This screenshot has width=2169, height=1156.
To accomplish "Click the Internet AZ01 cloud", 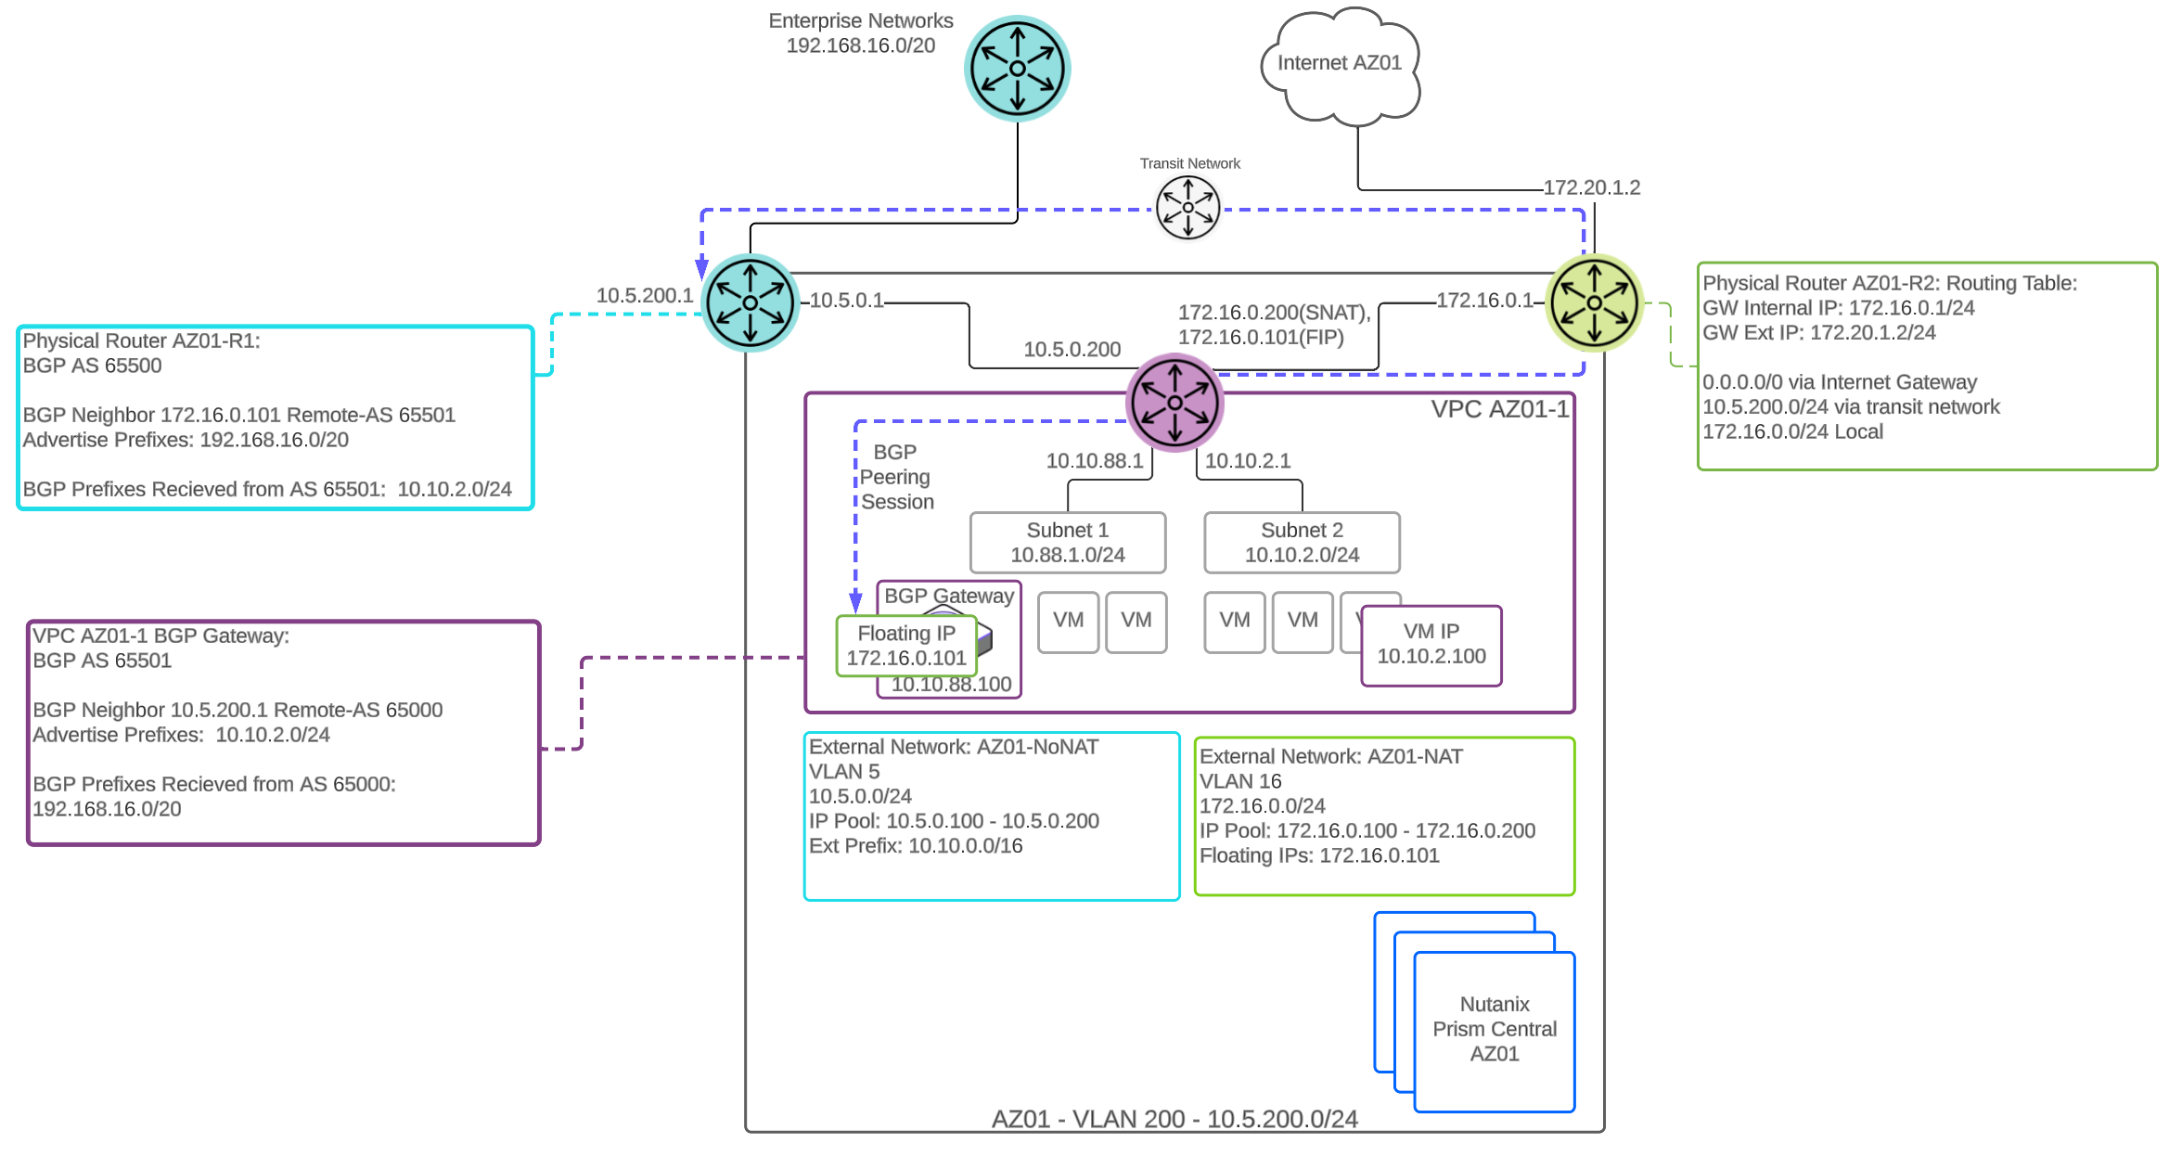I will (x=1339, y=65).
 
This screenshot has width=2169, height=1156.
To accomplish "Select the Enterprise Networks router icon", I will (x=1018, y=69).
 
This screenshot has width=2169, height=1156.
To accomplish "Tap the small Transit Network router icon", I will (x=1187, y=207).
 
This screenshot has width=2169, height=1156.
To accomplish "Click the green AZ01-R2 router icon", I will (x=1594, y=302).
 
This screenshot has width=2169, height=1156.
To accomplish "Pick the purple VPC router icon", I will (x=1174, y=402).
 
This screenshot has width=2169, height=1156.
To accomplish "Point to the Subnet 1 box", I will (x=1067, y=543).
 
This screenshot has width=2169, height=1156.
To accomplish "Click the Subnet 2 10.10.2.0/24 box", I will (x=1302, y=543).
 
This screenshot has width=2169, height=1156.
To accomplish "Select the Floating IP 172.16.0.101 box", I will (x=905, y=646).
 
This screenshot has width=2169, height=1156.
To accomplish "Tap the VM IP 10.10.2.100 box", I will (x=1431, y=645).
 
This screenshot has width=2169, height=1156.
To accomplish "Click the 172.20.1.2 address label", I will (x=1591, y=187).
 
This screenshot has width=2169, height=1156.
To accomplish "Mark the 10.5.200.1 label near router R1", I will (x=644, y=295).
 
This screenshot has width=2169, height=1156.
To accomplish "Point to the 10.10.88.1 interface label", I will (x=1094, y=461).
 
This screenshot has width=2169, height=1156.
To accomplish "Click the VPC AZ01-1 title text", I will (x=1499, y=409).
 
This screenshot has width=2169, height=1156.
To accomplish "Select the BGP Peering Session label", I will (x=896, y=477).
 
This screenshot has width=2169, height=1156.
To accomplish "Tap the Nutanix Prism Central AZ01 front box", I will (x=1494, y=1030).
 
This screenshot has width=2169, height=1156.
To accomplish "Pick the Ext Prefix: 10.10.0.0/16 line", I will (x=916, y=846).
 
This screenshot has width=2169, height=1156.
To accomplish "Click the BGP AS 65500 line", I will (x=92, y=366).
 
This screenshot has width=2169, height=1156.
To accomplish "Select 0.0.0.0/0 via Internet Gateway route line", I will (x=1839, y=382).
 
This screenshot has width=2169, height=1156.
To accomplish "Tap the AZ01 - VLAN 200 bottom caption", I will (x=1174, y=1119).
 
